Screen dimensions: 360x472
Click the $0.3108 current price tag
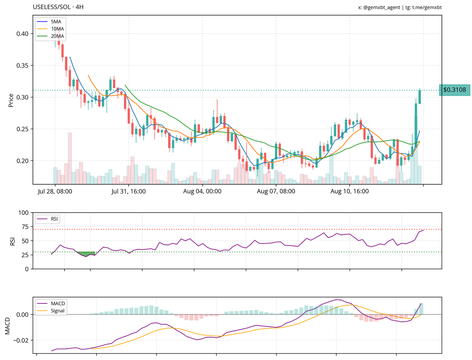[454, 90]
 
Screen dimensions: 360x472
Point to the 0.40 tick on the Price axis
[22, 34]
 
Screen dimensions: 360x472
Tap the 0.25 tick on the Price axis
[22, 129]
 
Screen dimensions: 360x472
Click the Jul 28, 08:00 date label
[55, 192]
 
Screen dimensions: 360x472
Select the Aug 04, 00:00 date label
[203, 192]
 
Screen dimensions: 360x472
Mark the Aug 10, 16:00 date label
[350, 192]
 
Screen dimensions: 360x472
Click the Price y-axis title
[11, 100]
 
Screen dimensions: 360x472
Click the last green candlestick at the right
[420, 97]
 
